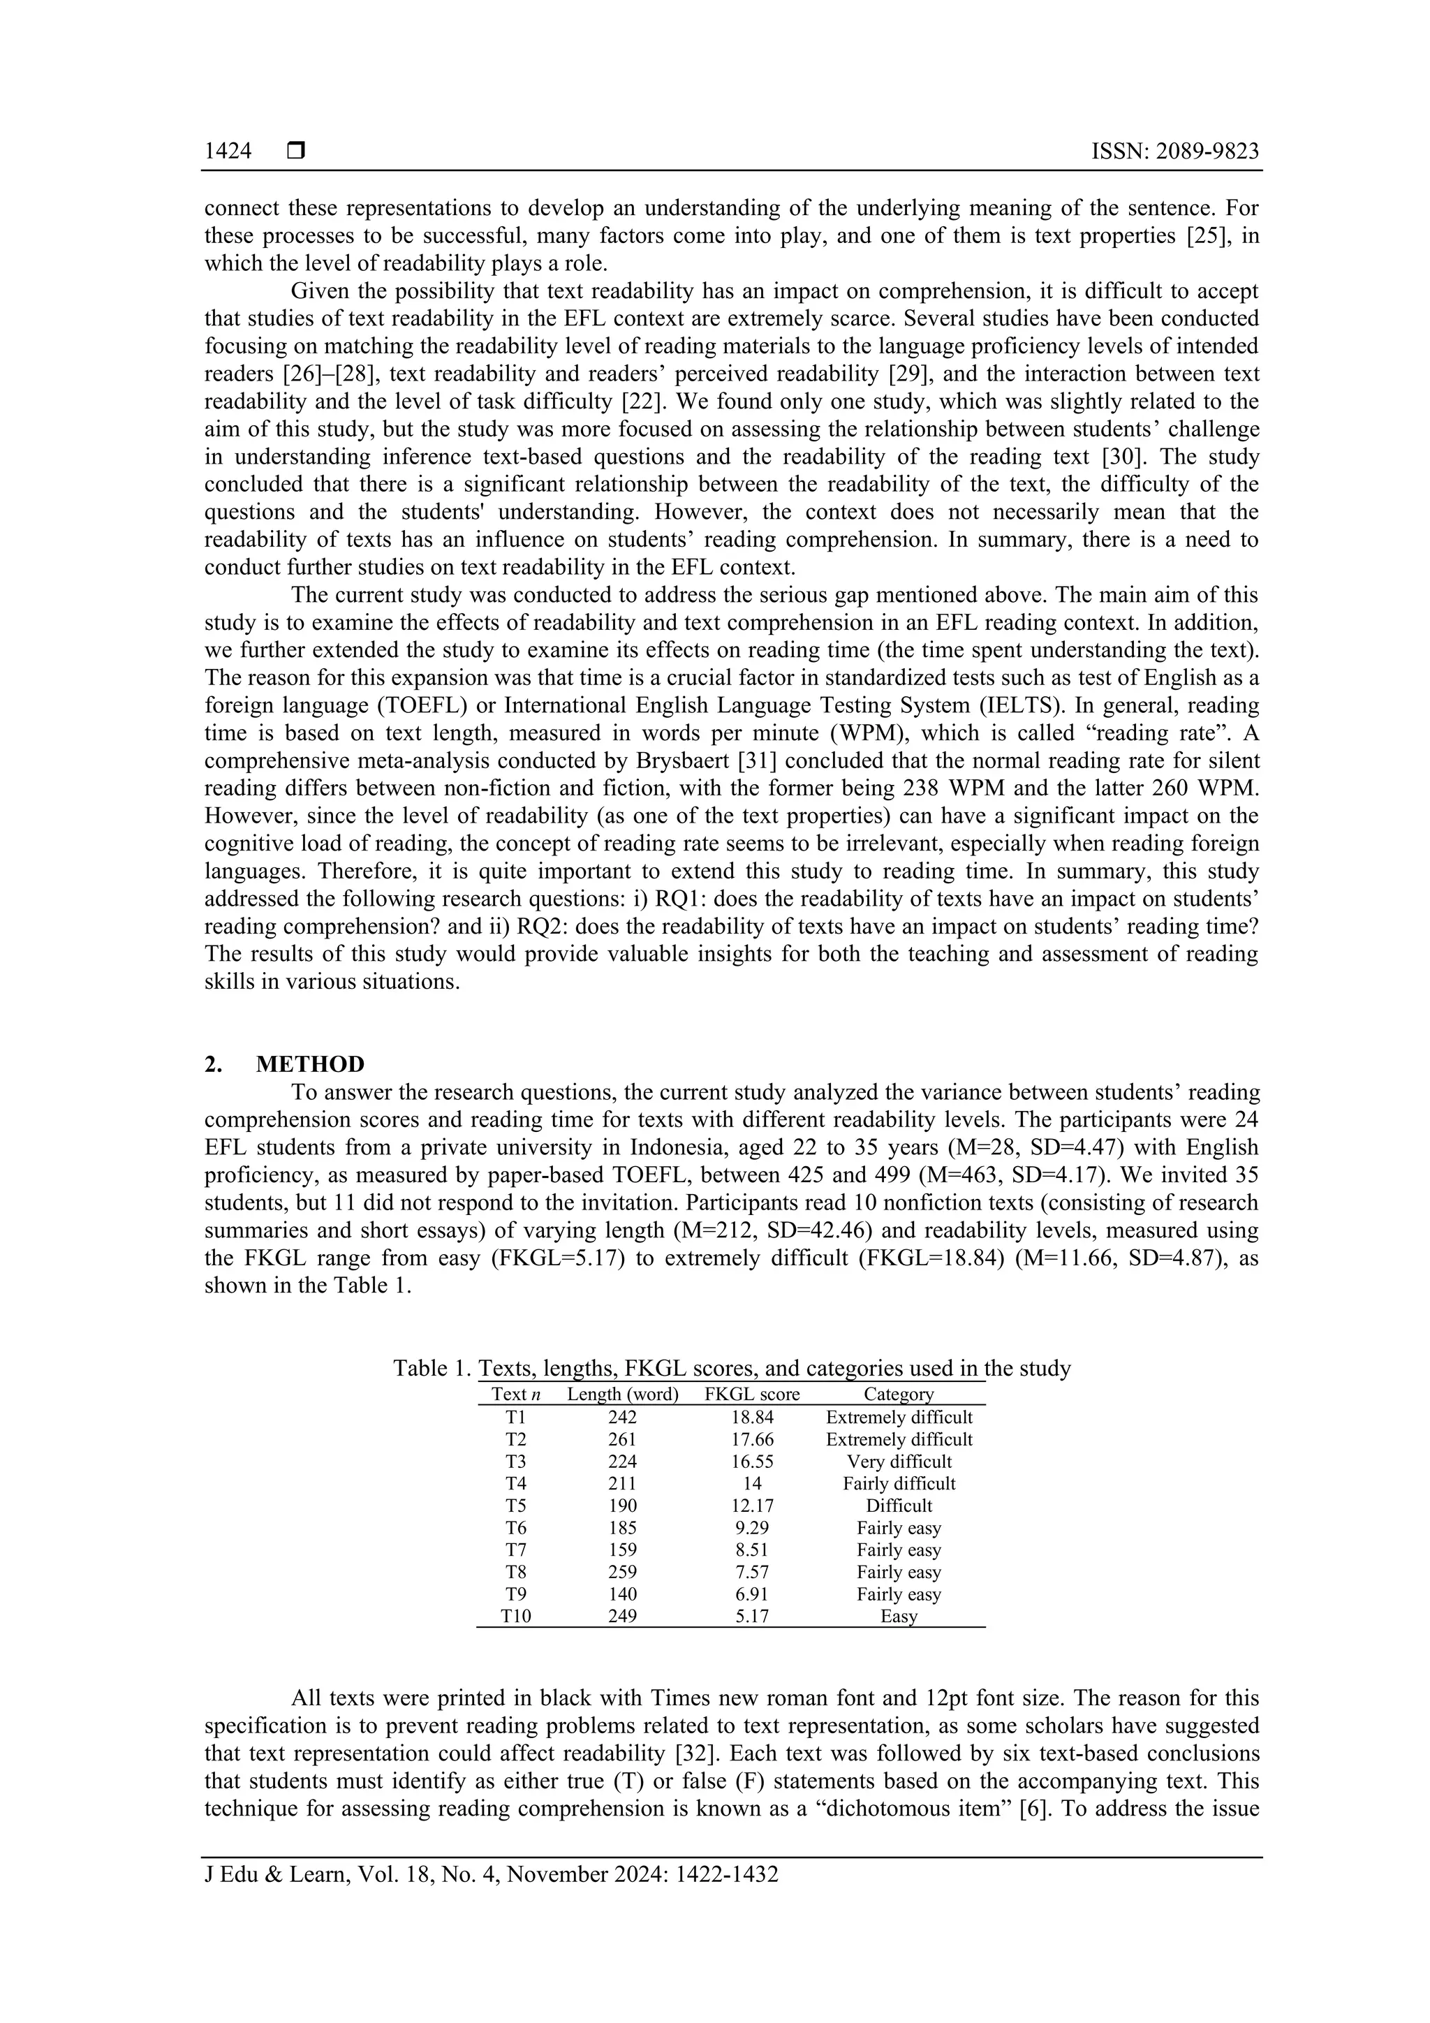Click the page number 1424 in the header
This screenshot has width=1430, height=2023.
228,152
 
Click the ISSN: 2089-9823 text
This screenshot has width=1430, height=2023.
1174,152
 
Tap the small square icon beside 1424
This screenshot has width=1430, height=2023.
296,152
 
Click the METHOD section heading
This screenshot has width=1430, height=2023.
310,1064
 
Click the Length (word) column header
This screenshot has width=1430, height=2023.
622,1394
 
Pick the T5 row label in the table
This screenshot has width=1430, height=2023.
515,1505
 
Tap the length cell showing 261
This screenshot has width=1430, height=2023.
622,1439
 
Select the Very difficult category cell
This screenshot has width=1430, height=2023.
899,1461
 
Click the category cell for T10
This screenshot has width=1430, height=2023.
899,1616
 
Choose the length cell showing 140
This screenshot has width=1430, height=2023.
622,1594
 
